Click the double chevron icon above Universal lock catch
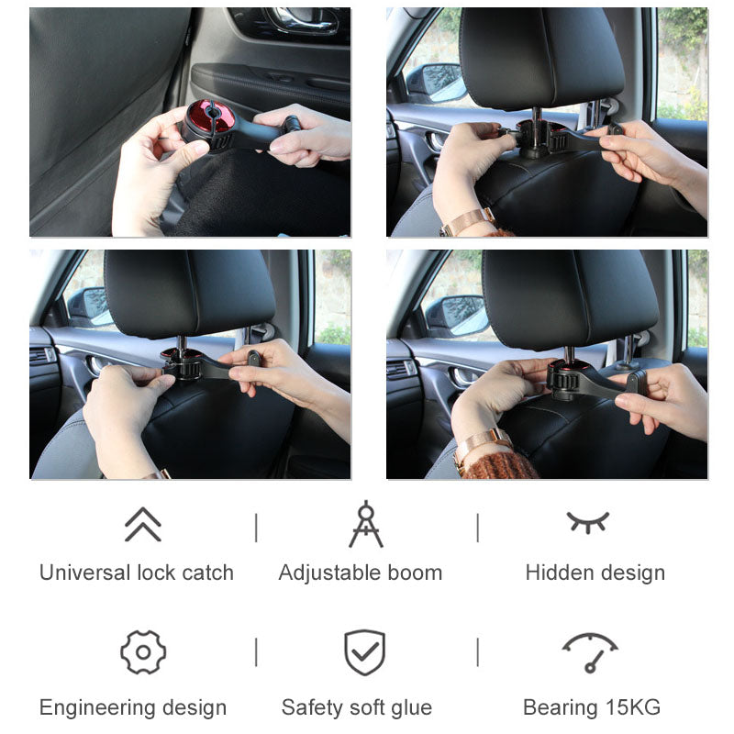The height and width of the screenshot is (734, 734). click(x=142, y=525)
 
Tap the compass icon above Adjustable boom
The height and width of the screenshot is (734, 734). click(x=365, y=524)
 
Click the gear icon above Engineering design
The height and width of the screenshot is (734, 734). click(x=143, y=652)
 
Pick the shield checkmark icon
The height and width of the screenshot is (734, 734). click(x=364, y=652)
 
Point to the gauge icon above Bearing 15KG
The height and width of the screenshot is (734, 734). click(x=589, y=651)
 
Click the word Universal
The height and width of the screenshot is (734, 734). click(x=85, y=573)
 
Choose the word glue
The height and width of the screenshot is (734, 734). click(x=409, y=707)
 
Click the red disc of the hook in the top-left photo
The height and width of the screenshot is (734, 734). click(x=210, y=119)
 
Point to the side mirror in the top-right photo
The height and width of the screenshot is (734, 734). click(x=434, y=83)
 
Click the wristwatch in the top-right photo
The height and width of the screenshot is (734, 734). click(x=467, y=221)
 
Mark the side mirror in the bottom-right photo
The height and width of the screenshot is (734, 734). click(x=457, y=315)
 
